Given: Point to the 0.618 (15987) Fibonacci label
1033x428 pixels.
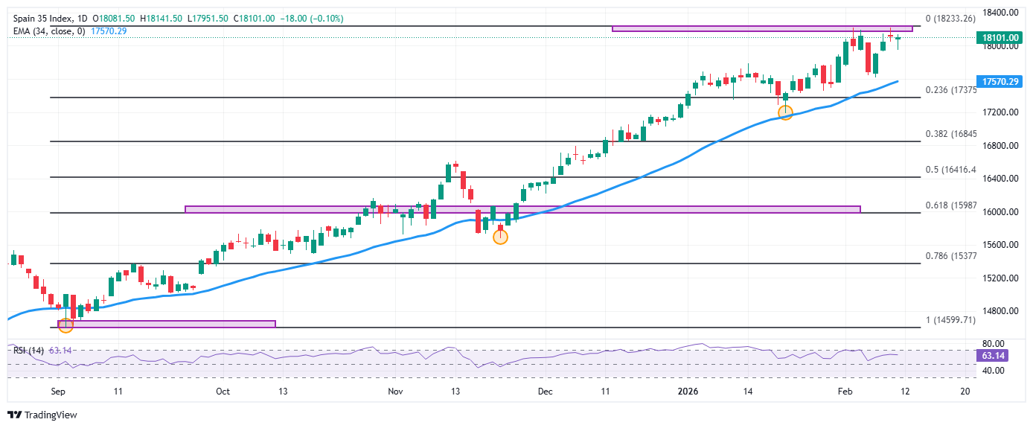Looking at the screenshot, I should tap(950, 205).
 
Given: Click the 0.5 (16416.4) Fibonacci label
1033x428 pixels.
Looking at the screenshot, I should tap(950, 170).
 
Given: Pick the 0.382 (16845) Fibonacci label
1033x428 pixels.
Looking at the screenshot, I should tap(950, 134).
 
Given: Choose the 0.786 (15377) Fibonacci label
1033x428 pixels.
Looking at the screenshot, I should tap(950, 256).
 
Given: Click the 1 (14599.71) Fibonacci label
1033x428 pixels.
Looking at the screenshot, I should tap(950, 320).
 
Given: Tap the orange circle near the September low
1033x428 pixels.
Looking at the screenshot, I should tap(65, 325).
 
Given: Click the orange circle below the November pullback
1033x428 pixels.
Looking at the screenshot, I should tap(500, 237).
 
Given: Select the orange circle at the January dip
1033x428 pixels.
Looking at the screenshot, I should tap(785, 112).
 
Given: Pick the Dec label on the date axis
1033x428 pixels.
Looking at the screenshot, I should tap(545, 391).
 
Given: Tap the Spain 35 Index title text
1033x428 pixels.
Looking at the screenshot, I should tap(44, 18).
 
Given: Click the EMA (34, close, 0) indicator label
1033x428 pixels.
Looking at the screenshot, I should tap(49, 31).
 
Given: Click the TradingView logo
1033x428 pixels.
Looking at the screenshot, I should tap(43, 415).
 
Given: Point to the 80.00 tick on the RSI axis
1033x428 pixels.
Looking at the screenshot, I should tap(993, 344).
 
